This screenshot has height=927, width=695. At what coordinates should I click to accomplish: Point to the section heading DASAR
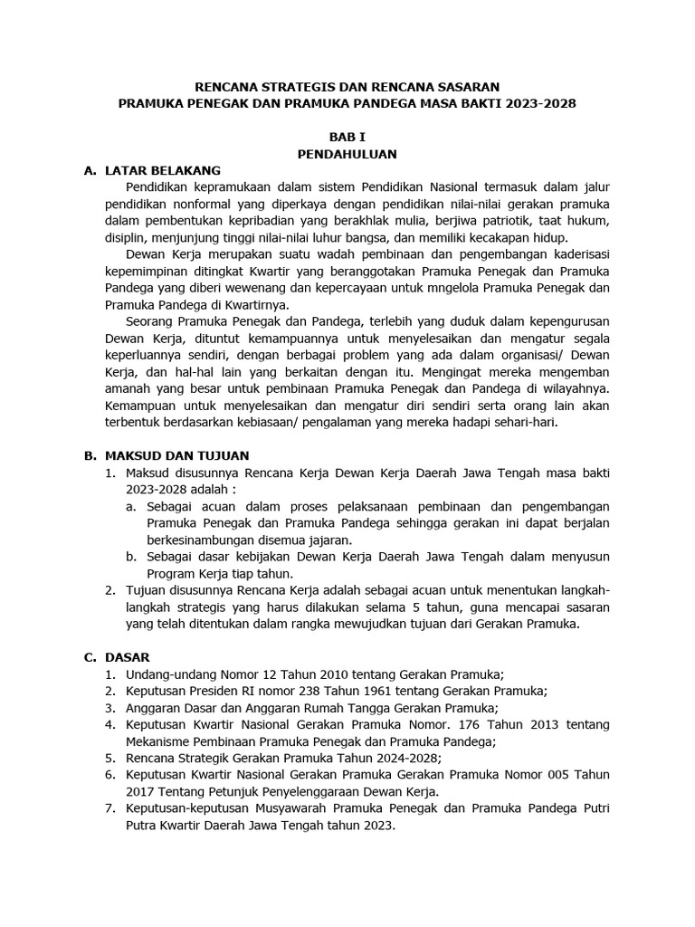click(128, 657)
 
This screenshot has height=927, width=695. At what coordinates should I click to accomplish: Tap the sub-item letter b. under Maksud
click(132, 557)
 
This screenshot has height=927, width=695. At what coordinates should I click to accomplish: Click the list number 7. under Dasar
click(109, 808)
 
